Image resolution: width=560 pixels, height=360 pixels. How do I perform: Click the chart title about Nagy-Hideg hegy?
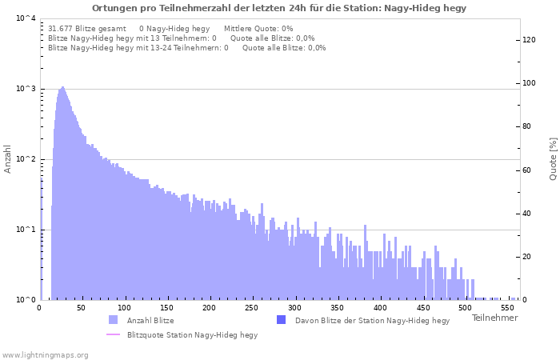click(279, 8)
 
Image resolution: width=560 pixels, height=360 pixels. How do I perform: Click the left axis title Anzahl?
click(8, 158)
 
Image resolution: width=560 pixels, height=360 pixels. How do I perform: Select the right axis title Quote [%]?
click(553, 158)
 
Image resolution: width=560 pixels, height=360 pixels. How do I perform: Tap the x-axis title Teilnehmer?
click(494, 318)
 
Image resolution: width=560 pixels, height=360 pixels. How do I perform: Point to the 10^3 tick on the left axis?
click(26, 89)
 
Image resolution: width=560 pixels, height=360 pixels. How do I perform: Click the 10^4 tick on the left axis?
click(26, 18)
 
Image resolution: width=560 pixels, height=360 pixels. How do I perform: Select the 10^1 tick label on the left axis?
click(26, 230)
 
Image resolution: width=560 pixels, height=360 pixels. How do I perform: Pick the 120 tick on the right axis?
click(529, 40)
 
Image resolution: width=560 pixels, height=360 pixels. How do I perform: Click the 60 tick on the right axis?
click(526, 170)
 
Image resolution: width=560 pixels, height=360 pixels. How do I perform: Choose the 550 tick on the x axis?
click(507, 307)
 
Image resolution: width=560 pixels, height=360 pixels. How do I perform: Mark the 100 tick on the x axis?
click(124, 307)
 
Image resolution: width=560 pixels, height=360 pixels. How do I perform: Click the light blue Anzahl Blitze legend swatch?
click(113, 320)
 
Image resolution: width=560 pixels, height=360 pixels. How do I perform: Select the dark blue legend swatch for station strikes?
click(281, 320)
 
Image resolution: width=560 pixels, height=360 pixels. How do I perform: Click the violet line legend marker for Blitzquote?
click(113, 335)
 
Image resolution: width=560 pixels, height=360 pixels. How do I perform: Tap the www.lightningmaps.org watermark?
click(45, 354)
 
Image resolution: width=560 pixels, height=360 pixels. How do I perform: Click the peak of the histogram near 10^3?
click(62, 88)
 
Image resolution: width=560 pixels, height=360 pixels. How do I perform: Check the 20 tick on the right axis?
click(526, 257)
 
